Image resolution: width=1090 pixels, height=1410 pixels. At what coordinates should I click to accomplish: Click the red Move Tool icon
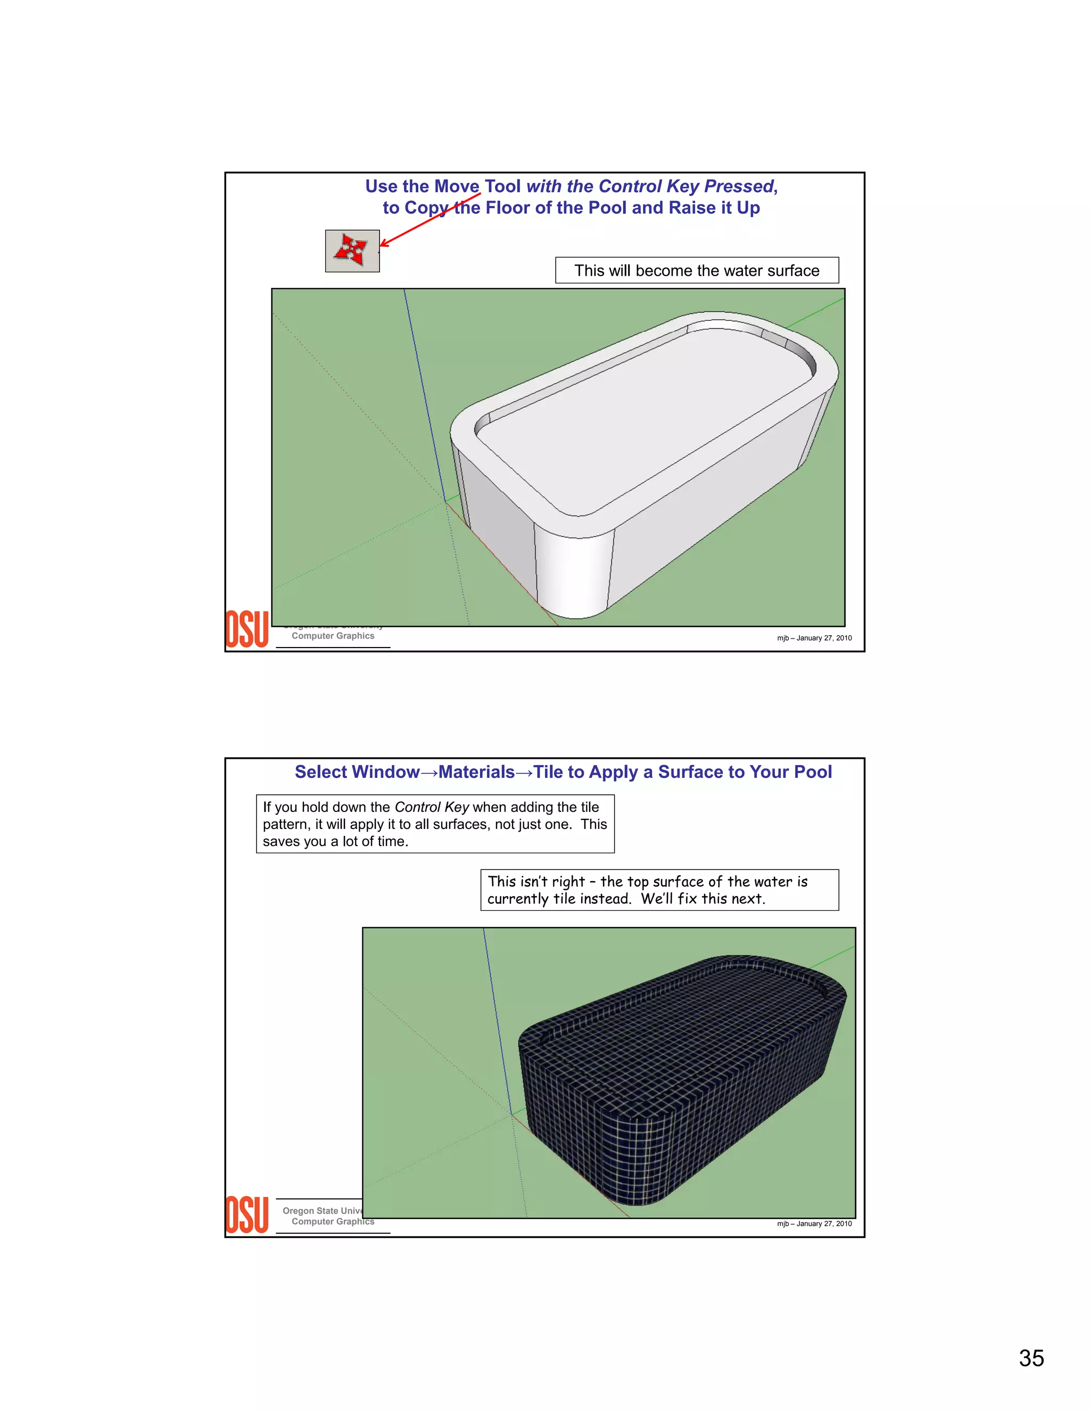click(352, 251)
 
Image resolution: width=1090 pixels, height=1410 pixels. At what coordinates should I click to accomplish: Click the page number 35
click(1031, 1358)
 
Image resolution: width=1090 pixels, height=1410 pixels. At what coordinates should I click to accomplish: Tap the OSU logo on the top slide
click(246, 629)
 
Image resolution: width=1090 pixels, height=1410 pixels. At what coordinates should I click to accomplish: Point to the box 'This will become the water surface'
click(697, 270)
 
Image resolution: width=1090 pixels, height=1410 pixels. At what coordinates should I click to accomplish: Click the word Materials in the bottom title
click(476, 772)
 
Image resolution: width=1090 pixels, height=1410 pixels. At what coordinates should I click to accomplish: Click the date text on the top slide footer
click(814, 638)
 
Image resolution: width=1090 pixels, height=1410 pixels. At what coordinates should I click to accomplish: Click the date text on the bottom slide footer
click(814, 1223)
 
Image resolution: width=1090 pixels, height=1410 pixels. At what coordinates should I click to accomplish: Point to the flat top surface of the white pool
click(646, 413)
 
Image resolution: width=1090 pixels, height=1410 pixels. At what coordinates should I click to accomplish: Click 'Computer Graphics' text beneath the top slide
click(333, 636)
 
